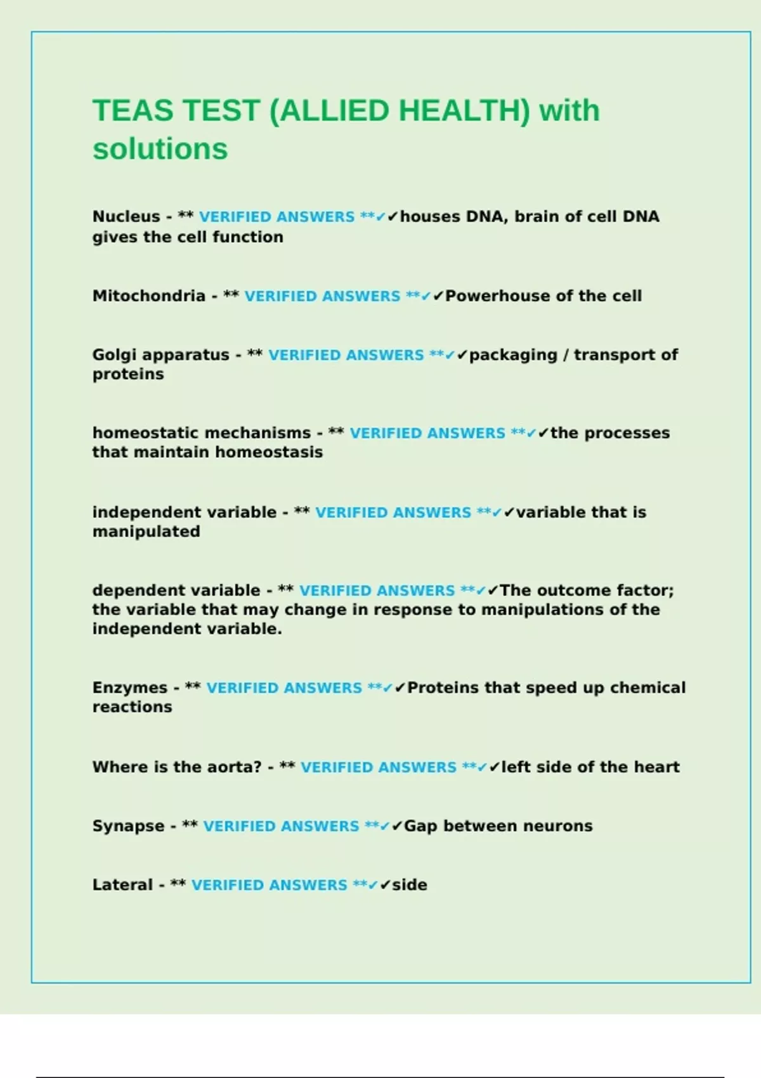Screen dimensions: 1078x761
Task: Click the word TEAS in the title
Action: click(133, 111)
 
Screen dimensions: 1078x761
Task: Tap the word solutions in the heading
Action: click(160, 150)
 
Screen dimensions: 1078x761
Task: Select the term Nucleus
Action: click(126, 217)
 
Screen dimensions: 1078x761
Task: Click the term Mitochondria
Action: click(149, 296)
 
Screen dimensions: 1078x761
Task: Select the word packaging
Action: click(514, 355)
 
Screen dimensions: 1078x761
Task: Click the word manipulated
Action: click(146, 531)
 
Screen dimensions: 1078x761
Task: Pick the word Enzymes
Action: click(130, 688)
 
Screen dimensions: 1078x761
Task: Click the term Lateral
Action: click(122, 885)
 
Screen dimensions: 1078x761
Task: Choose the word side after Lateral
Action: click(410, 885)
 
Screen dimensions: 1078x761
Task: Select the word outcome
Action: click(567, 590)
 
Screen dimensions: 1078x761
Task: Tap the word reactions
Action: click(132, 707)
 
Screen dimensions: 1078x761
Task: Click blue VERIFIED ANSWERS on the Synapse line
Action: click(281, 826)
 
